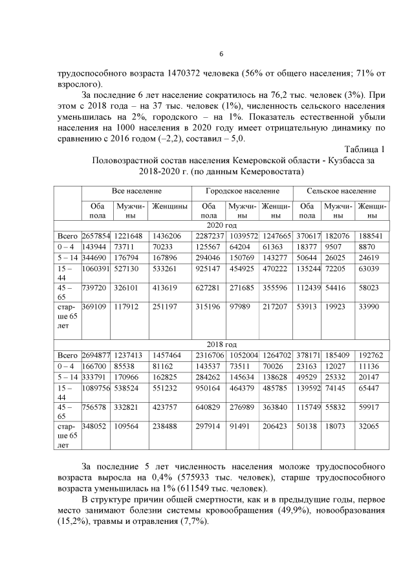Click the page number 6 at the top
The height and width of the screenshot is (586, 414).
click(221, 54)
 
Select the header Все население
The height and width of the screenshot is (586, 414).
click(136, 192)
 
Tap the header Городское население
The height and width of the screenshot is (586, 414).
click(243, 192)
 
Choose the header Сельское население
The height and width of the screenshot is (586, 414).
click(343, 192)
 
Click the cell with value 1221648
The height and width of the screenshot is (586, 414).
click(130, 236)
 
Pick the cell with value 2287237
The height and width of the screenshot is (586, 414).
click(208, 236)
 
